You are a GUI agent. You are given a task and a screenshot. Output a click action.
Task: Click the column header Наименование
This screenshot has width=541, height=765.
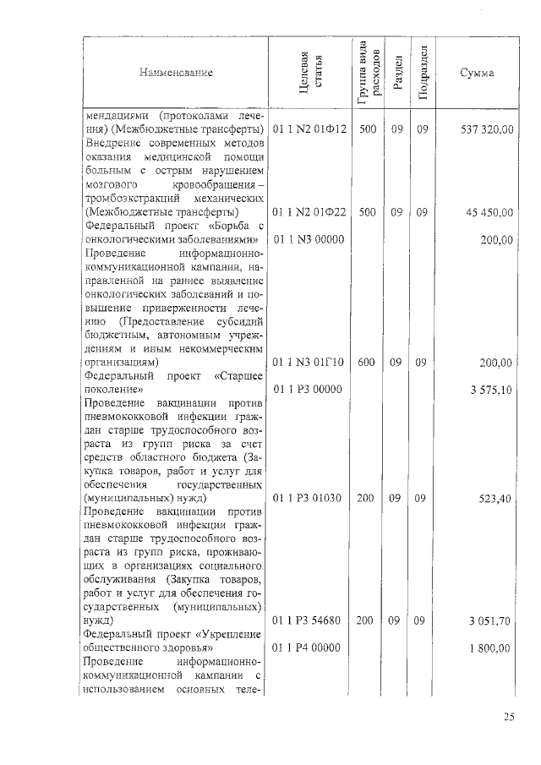click(177, 74)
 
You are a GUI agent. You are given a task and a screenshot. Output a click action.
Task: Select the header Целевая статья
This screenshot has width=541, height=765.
click(306, 73)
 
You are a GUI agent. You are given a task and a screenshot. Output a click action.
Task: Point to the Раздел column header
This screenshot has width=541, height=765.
click(397, 74)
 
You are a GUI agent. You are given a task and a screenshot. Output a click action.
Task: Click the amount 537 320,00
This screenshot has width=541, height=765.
click(487, 130)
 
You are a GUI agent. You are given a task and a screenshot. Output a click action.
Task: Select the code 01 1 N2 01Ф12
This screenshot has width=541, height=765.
click(310, 130)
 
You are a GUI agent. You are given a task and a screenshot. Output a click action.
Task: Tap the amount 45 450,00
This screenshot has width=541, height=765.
click(490, 212)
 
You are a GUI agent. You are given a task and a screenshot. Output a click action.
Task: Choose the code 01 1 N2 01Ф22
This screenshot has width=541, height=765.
click(310, 212)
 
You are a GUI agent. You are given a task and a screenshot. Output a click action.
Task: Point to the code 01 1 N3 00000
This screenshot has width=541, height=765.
click(308, 240)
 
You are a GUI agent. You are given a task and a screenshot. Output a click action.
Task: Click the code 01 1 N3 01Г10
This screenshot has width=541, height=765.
click(309, 363)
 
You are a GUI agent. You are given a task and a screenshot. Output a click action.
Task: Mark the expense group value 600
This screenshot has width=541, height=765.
click(367, 363)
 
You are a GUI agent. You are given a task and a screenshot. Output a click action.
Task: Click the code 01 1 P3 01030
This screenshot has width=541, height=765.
click(308, 499)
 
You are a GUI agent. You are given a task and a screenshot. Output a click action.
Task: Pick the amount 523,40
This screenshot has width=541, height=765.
click(495, 499)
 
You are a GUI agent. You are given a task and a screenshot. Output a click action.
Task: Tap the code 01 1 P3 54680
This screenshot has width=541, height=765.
click(308, 621)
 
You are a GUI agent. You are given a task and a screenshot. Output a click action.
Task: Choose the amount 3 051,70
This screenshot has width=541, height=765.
click(492, 621)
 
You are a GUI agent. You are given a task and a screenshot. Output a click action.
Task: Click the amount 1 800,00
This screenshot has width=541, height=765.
click(492, 648)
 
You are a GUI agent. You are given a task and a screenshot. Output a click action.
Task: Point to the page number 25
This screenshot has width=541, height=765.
click(509, 718)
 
